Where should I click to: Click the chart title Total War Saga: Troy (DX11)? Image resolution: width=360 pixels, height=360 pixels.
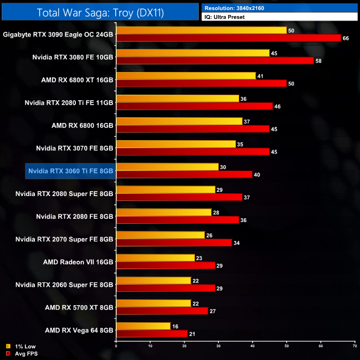[x=99, y=12]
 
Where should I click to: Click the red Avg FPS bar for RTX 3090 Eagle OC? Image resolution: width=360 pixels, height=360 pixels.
[x=228, y=38]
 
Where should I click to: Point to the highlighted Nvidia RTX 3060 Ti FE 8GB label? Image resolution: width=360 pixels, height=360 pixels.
[x=70, y=171]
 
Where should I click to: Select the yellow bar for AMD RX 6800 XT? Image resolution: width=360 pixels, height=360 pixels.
[x=186, y=76]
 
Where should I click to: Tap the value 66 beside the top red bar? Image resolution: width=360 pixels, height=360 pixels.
[x=347, y=38]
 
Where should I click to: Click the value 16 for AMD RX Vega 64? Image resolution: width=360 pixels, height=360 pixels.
[x=174, y=326]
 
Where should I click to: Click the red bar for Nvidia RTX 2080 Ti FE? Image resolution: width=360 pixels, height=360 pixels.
[x=194, y=106]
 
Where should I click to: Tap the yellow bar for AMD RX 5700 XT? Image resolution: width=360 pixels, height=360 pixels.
[x=153, y=304]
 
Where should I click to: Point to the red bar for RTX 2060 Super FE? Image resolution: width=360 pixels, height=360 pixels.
[x=165, y=288]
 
